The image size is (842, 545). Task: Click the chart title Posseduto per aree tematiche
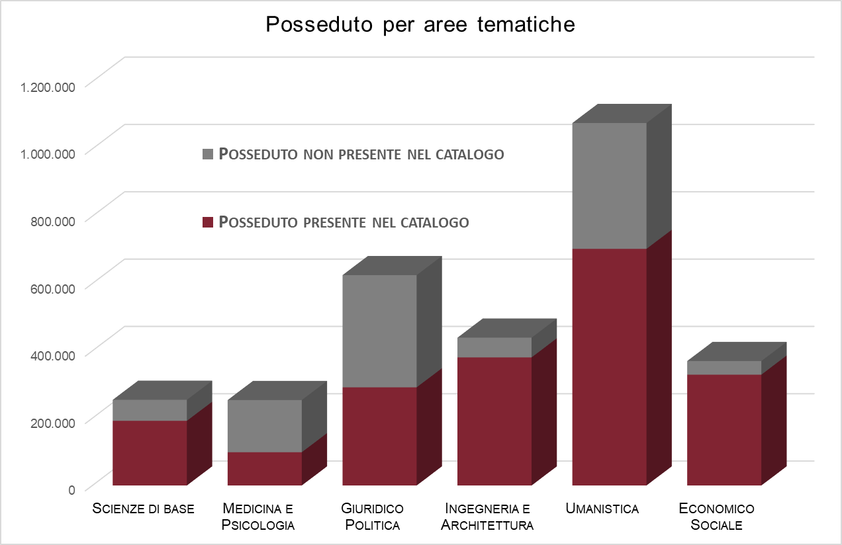tap(420, 24)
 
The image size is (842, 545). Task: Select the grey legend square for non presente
tap(208, 154)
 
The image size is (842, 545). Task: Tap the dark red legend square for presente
tap(208, 222)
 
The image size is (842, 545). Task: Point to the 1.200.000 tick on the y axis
tap(48, 86)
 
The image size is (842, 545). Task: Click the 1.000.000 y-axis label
tap(48, 153)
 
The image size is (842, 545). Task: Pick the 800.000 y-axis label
tap(53, 220)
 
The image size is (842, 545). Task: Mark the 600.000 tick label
tap(53, 288)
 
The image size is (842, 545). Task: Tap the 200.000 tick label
tap(53, 422)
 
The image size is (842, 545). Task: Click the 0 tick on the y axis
tap(72, 489)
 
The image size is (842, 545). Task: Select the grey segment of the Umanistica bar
tap(609, 185)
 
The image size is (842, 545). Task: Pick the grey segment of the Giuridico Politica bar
tap(379, 331)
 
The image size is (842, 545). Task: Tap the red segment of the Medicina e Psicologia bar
tap(265, 468)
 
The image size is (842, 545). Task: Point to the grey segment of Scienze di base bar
tap(150, 410)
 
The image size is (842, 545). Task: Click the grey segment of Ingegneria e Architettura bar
tap(494, 347)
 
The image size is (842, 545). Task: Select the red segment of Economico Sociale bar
tap(724, 430)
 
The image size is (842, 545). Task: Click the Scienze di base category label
tap(144, 509)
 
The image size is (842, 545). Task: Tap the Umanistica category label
tap(602, 509)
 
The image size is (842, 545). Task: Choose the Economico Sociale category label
tap(717, 517)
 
